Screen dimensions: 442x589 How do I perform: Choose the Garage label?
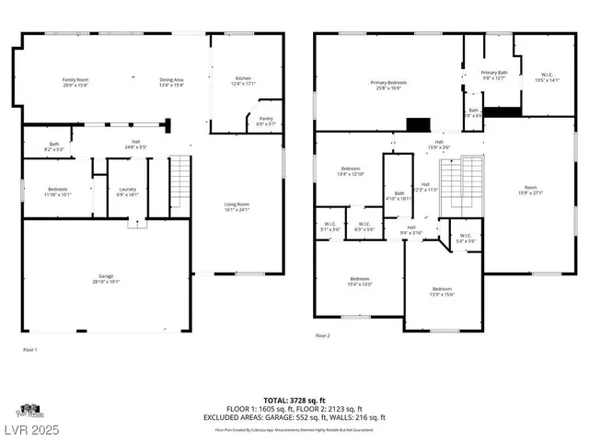coord(107,278)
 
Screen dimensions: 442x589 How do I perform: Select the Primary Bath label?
coord(494,75)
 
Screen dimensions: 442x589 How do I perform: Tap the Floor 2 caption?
coord(322,335)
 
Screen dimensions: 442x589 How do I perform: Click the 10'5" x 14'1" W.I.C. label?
coord(534,77)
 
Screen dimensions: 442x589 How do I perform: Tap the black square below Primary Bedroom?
coord(419,125)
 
